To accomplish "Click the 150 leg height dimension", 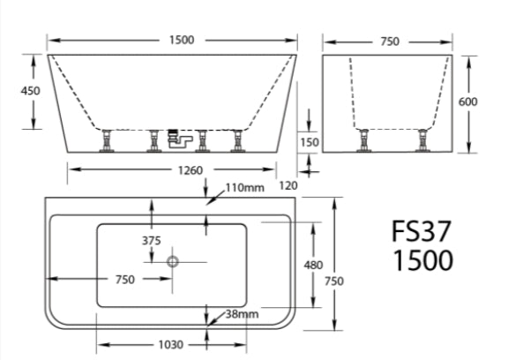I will [x=310, y=141].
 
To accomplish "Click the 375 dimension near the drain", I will [x=153, y=241].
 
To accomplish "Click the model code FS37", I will [x=422, y=232].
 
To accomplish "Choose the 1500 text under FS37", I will [x=422, y=262].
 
